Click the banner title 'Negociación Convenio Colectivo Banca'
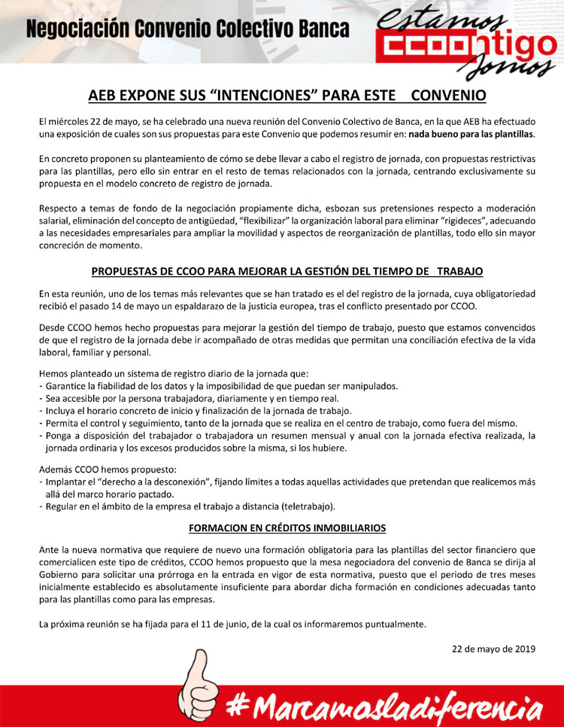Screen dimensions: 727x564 [188, 30]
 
